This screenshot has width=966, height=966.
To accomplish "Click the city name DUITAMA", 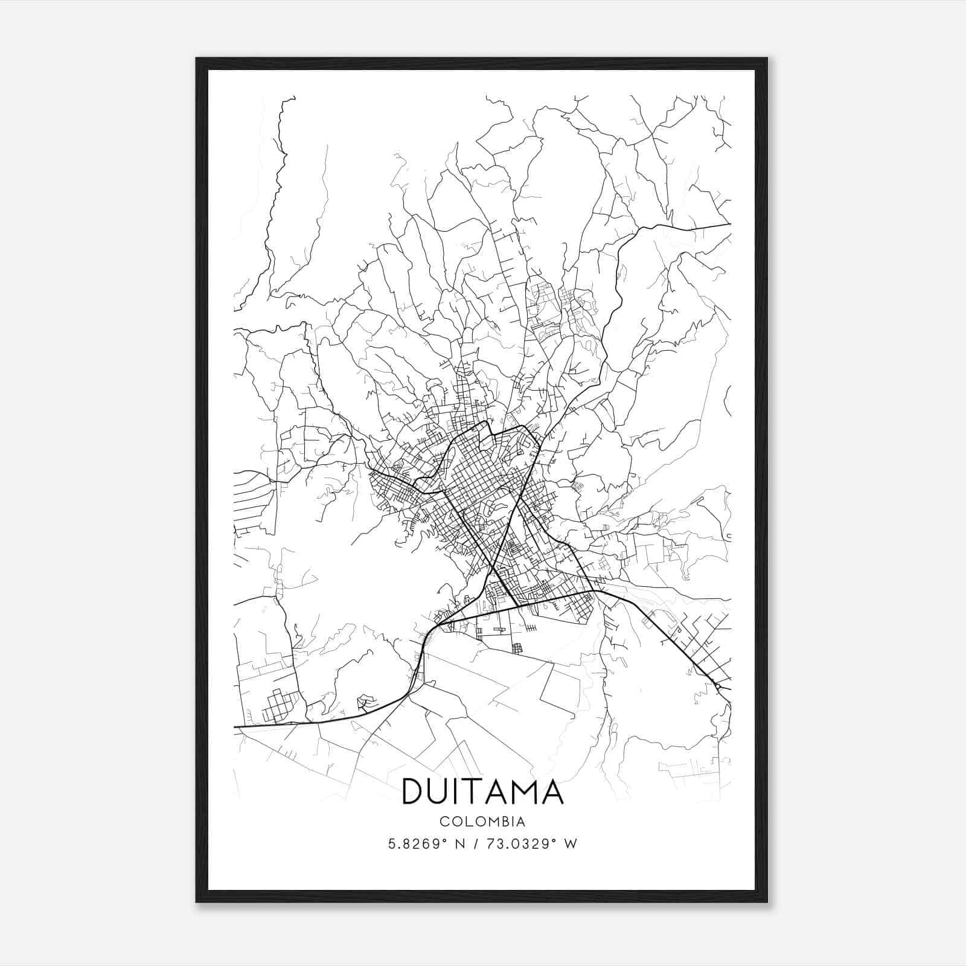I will coord(482,792).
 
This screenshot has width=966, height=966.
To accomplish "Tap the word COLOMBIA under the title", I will coord(482,822).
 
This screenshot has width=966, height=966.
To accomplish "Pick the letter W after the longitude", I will coord(570,844).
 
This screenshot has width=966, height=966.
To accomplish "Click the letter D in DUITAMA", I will coord(414,792).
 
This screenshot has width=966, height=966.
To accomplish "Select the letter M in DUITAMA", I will coord(520,792).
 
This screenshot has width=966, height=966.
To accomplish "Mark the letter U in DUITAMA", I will coord(441,792).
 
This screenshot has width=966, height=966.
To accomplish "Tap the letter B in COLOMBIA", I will coord(503,822).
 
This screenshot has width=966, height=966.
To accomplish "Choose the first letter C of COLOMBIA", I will coord(444,822).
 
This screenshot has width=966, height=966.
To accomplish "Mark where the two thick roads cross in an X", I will coord(494,568).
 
